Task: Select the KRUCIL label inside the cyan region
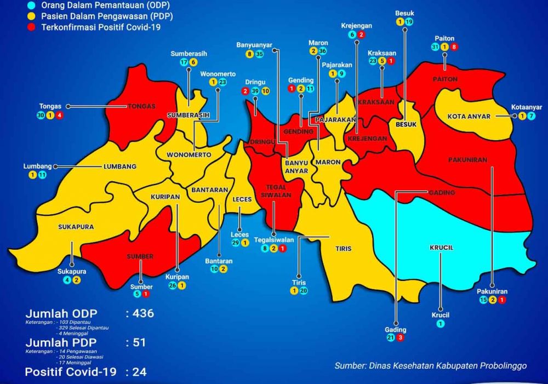tap(442, 248)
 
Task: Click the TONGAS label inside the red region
tap(142, 106)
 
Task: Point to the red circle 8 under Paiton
tap(454, 47)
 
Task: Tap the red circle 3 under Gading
tap(401, 338)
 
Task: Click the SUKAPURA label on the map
tap(76, 226)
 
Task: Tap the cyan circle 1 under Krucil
tap(440, 324)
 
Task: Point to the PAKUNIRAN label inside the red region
tap(467, 160)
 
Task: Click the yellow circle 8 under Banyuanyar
tap(249, 54)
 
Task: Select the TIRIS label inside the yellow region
tap(344, 249)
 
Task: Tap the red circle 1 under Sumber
tap(146, 294)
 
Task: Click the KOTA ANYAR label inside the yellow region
tap(467, 116)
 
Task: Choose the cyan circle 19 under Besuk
tap(409, 22)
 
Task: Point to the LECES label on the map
tap(242, 199)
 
